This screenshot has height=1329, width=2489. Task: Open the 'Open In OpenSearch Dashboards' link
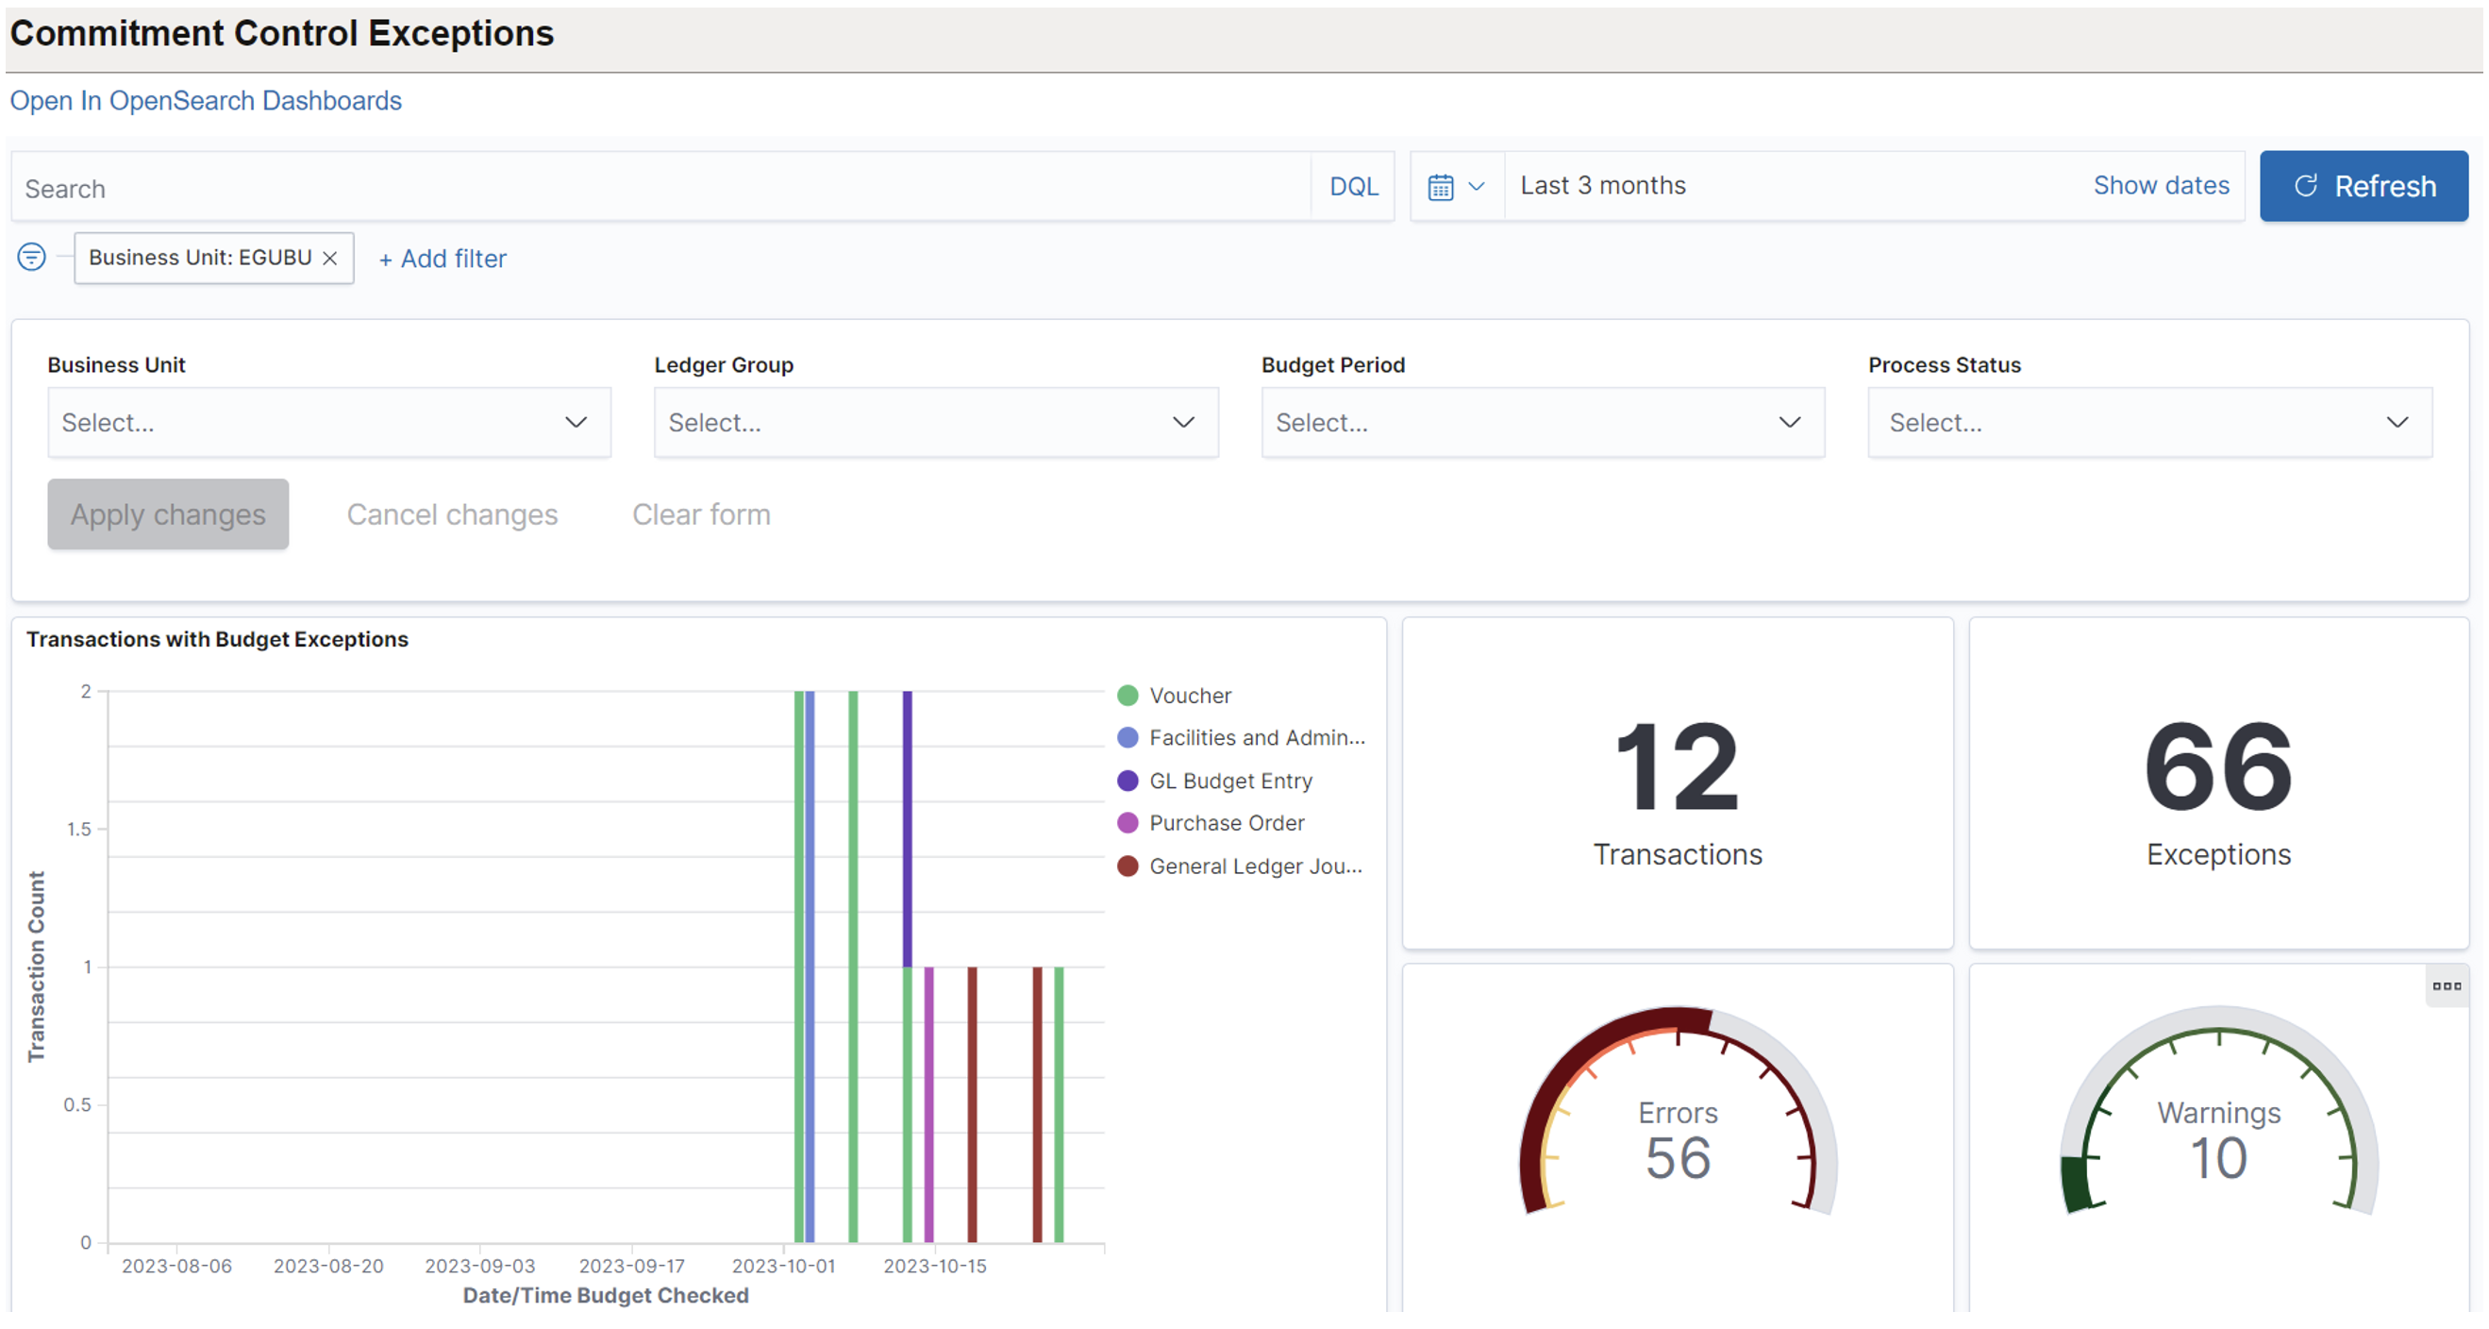[205, 100]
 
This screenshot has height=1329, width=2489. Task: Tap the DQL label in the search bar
[1353, 187]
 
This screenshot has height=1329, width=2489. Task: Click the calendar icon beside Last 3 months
[1441, 187]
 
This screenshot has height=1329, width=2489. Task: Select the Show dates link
[2161, 186]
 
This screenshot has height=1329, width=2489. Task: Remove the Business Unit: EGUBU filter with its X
[330, 258]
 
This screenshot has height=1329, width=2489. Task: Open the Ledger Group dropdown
[935, 422]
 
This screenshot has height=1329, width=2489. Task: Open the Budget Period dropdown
[1542, 422]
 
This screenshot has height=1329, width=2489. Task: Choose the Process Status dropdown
[2149, 422]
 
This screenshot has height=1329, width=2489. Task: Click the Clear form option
[700, 514]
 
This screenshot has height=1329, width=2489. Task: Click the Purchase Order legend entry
[1226, 822]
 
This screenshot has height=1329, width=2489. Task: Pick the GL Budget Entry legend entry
[1229, 780]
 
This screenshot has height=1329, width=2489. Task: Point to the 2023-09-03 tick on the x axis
[479, 1265]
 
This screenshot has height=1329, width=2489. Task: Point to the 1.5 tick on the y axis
[79, 829]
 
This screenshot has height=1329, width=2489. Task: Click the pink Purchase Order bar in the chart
[928, 1102]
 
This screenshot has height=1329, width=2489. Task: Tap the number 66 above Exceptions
[2217, 767]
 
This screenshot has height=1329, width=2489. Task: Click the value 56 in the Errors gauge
[1678, 1158]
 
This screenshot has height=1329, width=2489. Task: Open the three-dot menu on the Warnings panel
[2446, 985]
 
